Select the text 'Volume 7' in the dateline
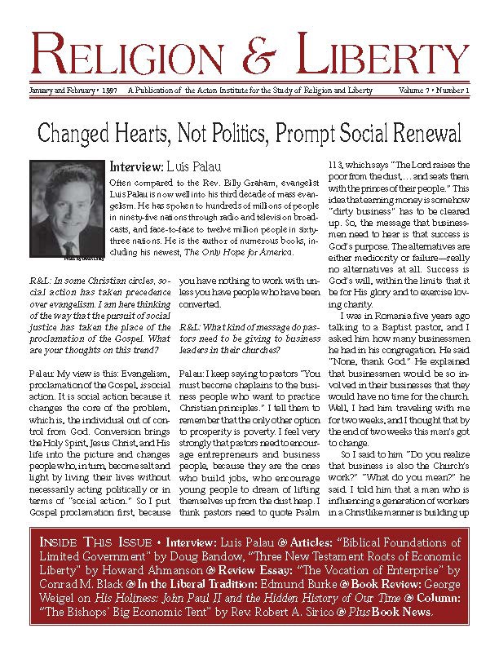410,90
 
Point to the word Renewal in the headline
419,134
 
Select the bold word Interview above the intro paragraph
138,167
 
